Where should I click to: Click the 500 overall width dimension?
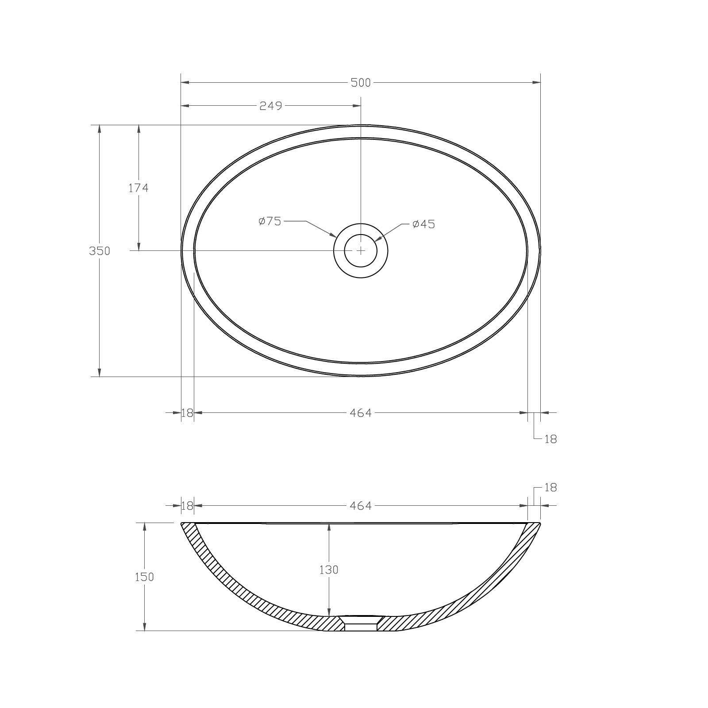[361, 83]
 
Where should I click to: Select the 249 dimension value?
[270, 106]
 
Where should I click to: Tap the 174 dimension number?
[139, 188]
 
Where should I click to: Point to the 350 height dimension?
[100, 251]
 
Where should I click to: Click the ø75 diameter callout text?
[270, 221]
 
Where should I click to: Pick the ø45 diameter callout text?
[423, 224]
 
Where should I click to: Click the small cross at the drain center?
[361, 250]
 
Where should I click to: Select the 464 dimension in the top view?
[361, 413]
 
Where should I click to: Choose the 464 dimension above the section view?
[361, 506]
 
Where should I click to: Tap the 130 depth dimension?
[329, 570]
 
